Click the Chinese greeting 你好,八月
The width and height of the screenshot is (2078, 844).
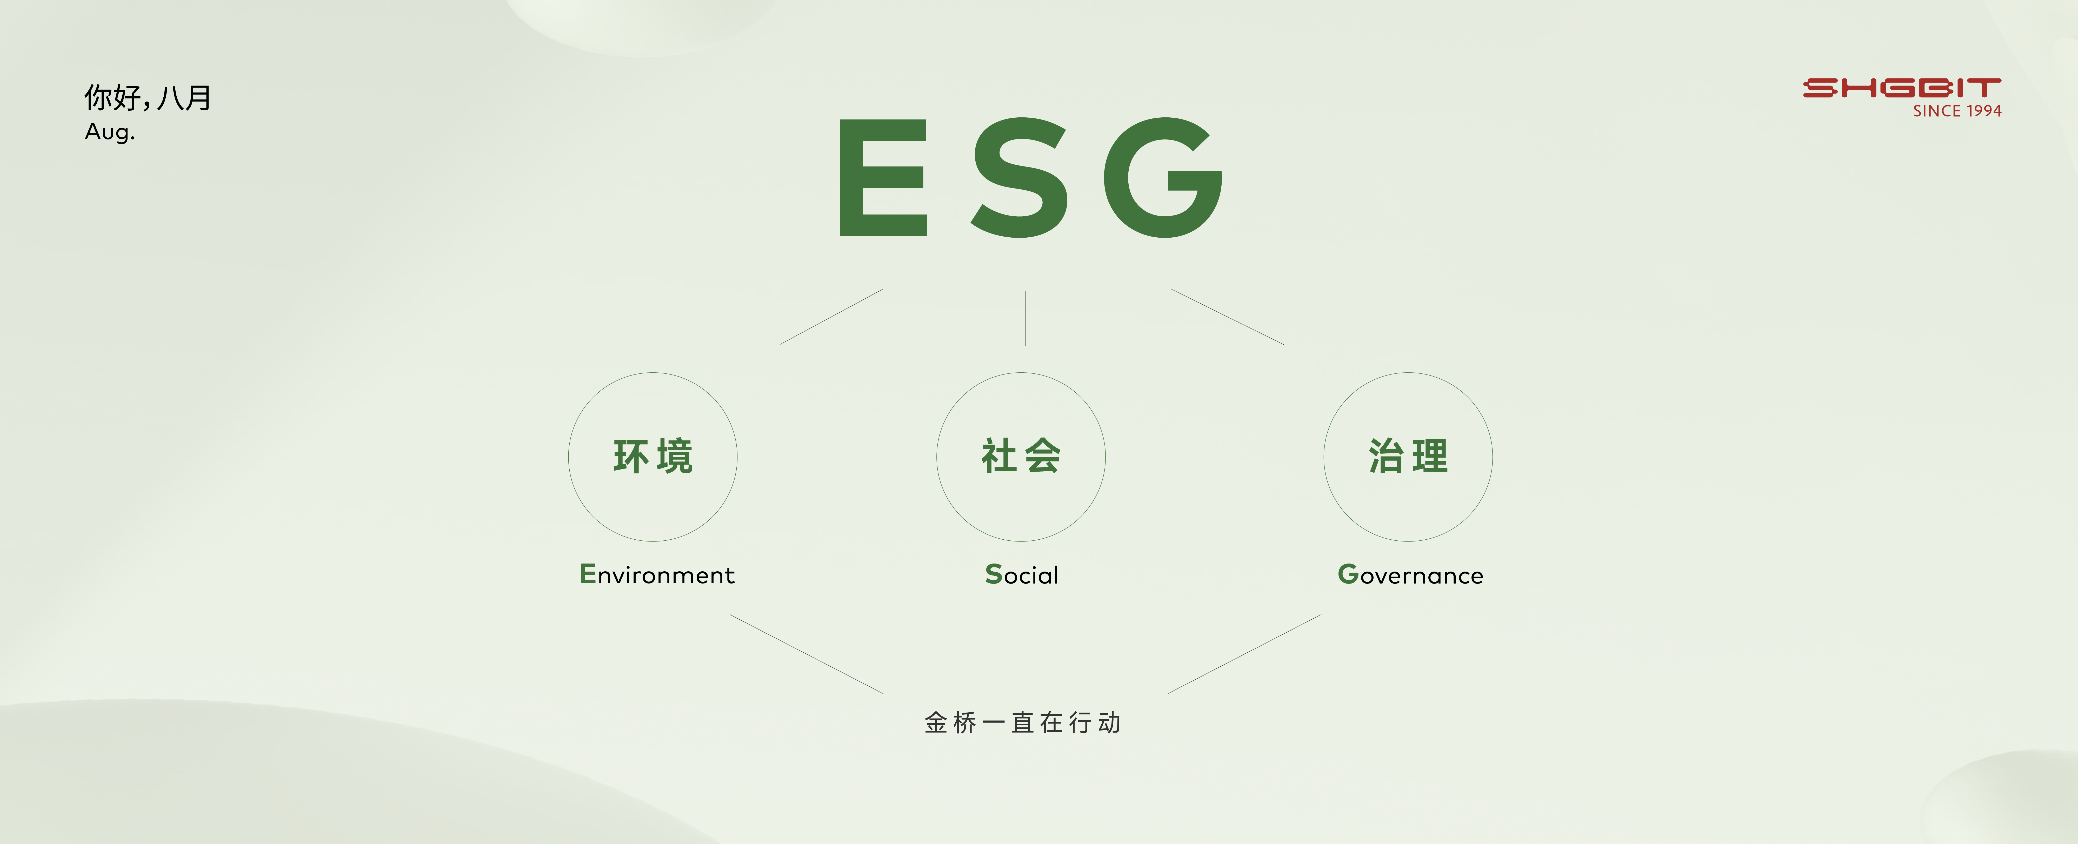point(148,98)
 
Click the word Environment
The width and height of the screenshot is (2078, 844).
point(657,574)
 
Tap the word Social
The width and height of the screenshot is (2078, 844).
point(1021,574)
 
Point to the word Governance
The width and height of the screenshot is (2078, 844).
point(1410,574)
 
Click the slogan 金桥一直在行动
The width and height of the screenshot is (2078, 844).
point(1022,722)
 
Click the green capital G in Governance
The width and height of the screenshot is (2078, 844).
point(1348,574)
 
